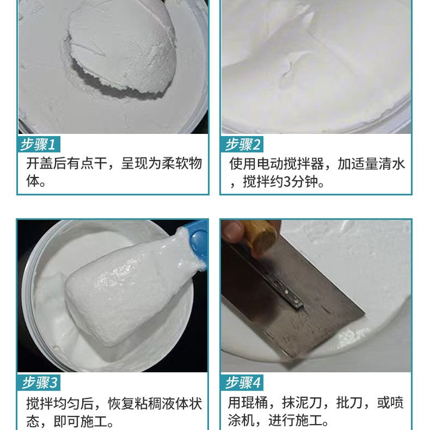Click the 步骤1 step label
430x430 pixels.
coord(39,145)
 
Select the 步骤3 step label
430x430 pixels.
coord(39,383)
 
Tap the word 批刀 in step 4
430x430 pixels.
coord(353,403)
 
